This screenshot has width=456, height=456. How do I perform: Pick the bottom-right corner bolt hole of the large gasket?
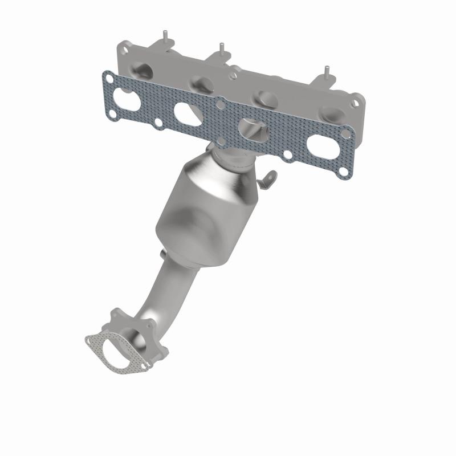point(342,170)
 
